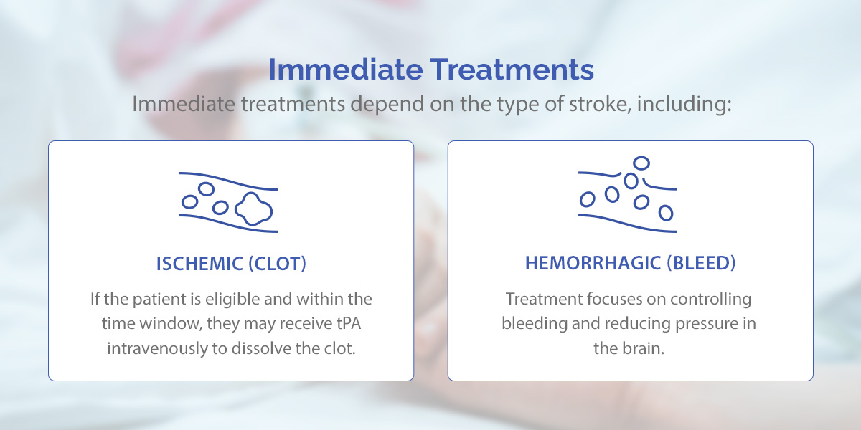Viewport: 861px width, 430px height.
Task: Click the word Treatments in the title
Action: click(x=512, y=70)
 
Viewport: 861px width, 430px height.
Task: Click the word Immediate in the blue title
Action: click(x=346, y=70)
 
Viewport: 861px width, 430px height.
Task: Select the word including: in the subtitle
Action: click(x=684, y=105)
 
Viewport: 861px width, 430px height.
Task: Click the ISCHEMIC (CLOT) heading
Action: click(x=231, y=264)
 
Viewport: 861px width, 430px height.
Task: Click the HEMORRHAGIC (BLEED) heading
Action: click(x=631, y=264)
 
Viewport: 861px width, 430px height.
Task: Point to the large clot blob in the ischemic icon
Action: click(x=254, y=209)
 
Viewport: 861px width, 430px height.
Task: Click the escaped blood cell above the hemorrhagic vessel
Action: click(x=641, y=163)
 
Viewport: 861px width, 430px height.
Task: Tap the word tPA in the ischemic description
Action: click(x=349, y=323)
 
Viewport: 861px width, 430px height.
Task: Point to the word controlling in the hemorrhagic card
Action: click(x=711, y=300)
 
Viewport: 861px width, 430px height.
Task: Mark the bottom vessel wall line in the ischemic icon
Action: click(x=228, y=224)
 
